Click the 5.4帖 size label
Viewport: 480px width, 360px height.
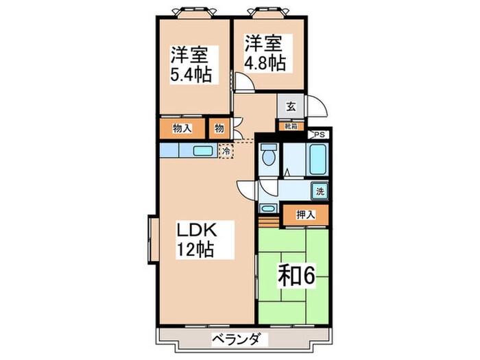point(191,73)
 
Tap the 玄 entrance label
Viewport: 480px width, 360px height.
point(291,106)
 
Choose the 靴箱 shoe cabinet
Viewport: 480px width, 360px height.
point(291,125)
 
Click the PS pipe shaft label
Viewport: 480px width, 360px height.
point(317,136)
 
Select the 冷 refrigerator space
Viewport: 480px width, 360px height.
point(225,151)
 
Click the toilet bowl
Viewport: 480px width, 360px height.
point(269,156)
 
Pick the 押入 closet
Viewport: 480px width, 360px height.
point(306,215)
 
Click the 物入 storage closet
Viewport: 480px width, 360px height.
point(181,128)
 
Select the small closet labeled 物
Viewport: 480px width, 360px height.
point(219,128)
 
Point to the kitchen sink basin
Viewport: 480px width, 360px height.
point(202,152)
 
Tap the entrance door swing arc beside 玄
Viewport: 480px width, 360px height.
point(316,108)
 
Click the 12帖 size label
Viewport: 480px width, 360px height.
point(197,249)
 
